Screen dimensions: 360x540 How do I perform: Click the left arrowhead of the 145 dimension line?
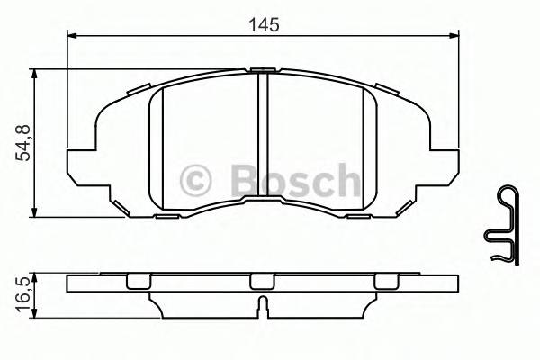pyautogui.click(x=74, y=36)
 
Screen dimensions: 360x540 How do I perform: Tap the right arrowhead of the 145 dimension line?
pyautogui.click(x=454, y=36)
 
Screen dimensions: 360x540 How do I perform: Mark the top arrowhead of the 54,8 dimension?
pyautogui.click(x=36, y=75)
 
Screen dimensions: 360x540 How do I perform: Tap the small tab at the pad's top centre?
pyautogui.click(x=264, y=69)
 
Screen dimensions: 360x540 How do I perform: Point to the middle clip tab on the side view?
pyautogui.click(x=261, y=282)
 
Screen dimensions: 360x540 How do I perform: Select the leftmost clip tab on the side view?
pyautogui.click(x=137, y=282)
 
